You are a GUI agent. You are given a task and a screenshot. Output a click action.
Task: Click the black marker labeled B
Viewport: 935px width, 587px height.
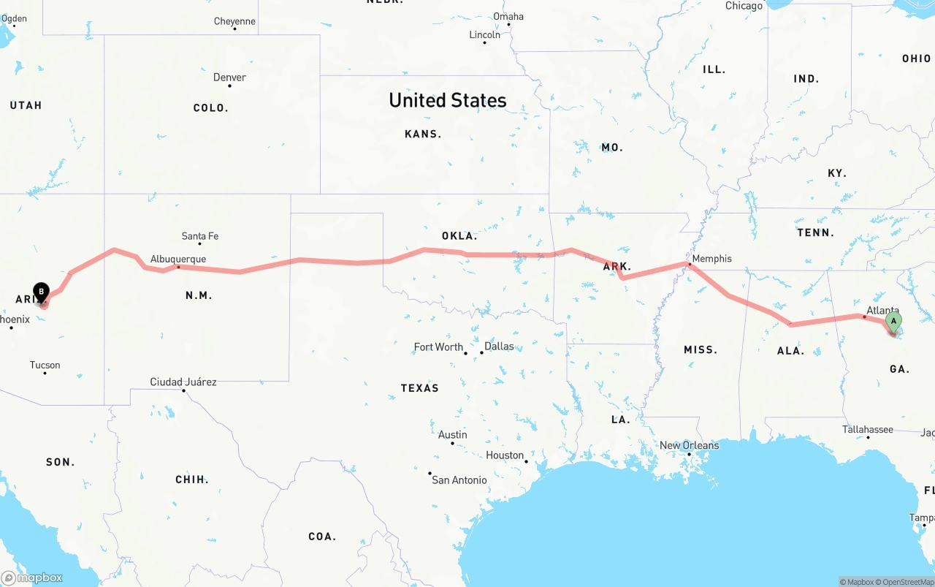pos(42,292)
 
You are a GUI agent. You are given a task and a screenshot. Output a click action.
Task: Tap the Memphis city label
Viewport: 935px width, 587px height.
pos(711,259)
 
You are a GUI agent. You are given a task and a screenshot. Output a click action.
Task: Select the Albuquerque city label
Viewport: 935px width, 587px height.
pos(178,259)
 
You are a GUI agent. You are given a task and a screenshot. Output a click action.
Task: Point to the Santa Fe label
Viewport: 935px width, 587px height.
pos(200,236)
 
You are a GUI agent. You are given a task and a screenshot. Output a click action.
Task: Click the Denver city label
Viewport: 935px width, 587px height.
pos(229,77)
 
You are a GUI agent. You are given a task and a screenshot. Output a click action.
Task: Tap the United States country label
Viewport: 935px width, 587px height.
pos(447,100)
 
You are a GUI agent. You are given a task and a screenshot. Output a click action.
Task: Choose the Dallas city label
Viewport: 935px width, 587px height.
pos(499,346)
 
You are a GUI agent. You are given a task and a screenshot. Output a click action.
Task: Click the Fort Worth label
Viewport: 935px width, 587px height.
pos(438,347)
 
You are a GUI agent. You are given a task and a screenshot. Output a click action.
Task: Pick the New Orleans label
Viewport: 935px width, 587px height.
pos(689,445)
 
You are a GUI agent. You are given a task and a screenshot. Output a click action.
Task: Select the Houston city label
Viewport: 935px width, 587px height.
pos(505,455)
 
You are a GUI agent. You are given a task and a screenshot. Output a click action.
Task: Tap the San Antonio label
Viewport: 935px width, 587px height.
pos(459,480)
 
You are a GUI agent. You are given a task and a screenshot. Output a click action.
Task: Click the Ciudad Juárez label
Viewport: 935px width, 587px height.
pos(183,382)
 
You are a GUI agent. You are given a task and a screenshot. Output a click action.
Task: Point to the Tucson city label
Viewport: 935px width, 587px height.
pos(45,365)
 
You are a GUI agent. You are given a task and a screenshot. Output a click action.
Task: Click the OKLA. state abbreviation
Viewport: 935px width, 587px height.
pos(459,236)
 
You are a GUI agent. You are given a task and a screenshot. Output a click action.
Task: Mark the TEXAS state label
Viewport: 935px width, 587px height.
pos(419,388)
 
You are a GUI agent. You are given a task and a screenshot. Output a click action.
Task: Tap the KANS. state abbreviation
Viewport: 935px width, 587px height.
pos(423,135)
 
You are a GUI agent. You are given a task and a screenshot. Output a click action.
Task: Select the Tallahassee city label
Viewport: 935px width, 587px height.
pos(868,429)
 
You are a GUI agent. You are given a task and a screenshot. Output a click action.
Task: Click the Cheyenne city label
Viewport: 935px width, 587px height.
pos(234,21)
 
